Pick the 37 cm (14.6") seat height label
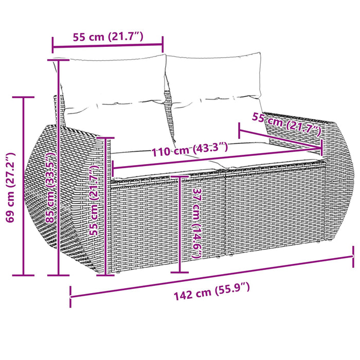tap(196, 224)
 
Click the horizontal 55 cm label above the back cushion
tap(108, 37)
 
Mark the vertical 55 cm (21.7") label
tap(94, 201)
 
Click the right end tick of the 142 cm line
tap(354, 257)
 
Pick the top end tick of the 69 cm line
tap(24, 97)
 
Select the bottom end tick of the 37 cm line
tap(180, 272)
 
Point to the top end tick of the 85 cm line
tap(58, 60)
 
